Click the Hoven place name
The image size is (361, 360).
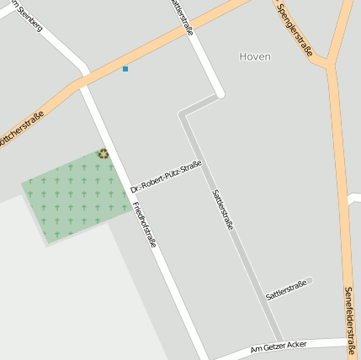pyautogui.click(x=255, y=57)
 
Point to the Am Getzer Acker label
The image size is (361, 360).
pyautogui.click(x=279, y=346)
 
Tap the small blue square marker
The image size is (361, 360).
pyautogui.click(x=125, y=68)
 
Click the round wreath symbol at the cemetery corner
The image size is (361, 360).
pyautogui.click(x=104, y=153)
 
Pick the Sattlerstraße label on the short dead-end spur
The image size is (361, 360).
pyautogui.click(x=286, y=291)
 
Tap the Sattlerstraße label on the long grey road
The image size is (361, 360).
pyautogui.click(x=222, y=209)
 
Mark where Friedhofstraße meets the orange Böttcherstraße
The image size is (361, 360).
pyautogui.click(x=83, y=83)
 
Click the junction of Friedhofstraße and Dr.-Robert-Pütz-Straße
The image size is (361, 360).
pyautogui.click(x=127, y=193)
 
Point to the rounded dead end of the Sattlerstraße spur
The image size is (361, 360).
pyautogui.click(x=310, y=280)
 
